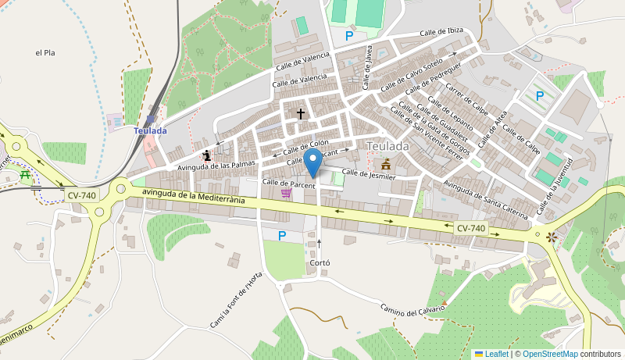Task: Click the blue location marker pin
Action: pyautogui.click(x=312, y=163)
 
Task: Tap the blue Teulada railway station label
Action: pyautogui.click(x=150, y=130)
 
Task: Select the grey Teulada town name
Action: pyautogui.click(x=388, y=146)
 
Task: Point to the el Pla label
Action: pyautogui.click(x=45, y=53)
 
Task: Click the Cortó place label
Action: pyautogui.click(x=320, y=263)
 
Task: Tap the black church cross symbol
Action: pyautogui.click(x=300, y=114)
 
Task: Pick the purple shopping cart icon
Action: pyautogui.click(x=286, y=193)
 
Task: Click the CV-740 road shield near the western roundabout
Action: pyautogui.click(x=81, y=194)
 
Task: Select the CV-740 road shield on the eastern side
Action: pyautogui.click(x=471, y=228)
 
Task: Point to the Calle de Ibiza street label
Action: pyautogui.click(x=441, y=32)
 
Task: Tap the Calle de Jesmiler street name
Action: pyautogui.click(x=369, y=176)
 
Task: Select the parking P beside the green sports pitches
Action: pyautogui.click(x=349, y=35)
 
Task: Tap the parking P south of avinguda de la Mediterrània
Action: pyautogui.click(x=282, y=235)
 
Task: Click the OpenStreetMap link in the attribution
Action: pyautogui.click(x=550, y=354)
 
